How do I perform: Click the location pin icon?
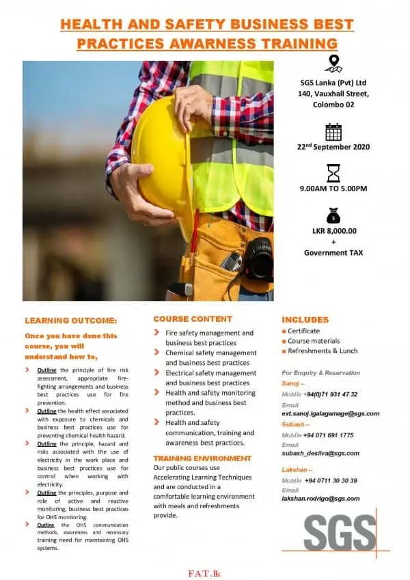click(x=333, y=64)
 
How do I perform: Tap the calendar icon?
click(x=333, y=132)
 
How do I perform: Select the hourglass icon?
click(x=333, y=173)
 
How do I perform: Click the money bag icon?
click(x=333, y=216)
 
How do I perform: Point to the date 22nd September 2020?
click(x=333, y=146)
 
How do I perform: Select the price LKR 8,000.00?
click(x=333, y=231)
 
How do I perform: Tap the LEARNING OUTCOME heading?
click(x=71, y=320)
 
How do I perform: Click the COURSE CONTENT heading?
click(x=193, y=319)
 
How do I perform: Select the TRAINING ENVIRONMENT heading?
click(x=202, y=458)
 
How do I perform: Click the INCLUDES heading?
click(x=305, y=320)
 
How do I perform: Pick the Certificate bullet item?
click(x=303, y=331)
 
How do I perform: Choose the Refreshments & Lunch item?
click(x=323, y=351)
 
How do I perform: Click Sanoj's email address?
click(x=330, y=413)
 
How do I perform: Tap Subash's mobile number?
click(x=328, y=435)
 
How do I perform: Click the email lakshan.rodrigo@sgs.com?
click(x=320, y=499)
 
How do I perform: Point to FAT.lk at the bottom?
click(x=204, y=573)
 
